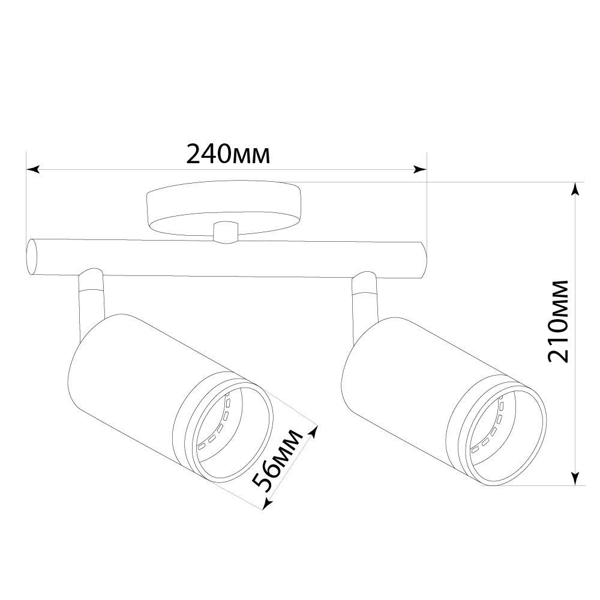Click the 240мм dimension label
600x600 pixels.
pos(228,154)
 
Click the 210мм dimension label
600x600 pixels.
pos(558,321)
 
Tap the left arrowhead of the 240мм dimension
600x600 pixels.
pos(32,170)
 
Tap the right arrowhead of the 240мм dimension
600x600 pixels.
pos(420,170)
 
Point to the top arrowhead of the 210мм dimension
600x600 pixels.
pos(575,189)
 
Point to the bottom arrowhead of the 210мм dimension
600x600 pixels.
pos(575,479)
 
